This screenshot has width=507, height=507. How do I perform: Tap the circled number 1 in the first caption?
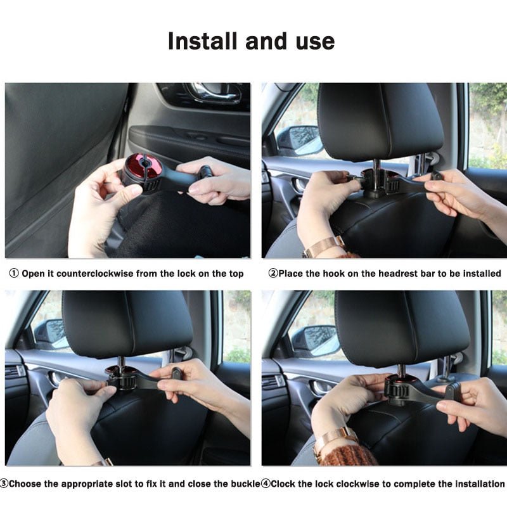click(x=14, y=274)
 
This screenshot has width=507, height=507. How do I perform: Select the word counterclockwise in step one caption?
click(x=95, y=274)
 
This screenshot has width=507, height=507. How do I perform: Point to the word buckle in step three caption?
click(x=245, y=484)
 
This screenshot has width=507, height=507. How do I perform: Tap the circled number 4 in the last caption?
click(x=266, y=484)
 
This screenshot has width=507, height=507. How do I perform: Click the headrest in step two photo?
click(x=380, y=122)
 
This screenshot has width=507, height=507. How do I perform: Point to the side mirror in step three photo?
click(x=51, y=335)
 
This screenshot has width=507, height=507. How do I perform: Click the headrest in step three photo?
click(x=127, y=324)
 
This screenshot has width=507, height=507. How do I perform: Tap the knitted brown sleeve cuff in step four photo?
click(x=349, y=454)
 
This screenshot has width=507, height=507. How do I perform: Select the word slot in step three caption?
click(x=124, y=484)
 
